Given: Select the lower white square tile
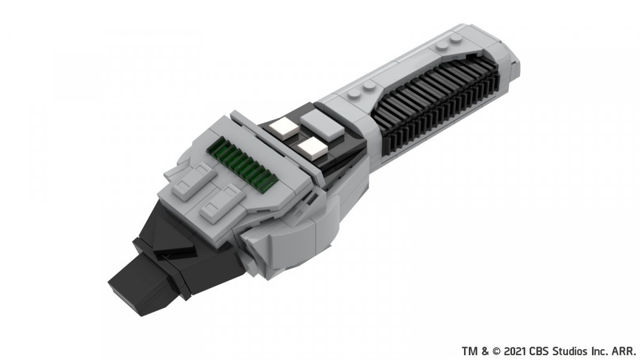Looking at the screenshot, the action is pos(313,148).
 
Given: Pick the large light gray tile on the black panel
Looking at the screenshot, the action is pos(322,125).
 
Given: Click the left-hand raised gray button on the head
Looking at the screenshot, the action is pos(194,181).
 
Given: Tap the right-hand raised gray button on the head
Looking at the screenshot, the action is pos(222,203).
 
